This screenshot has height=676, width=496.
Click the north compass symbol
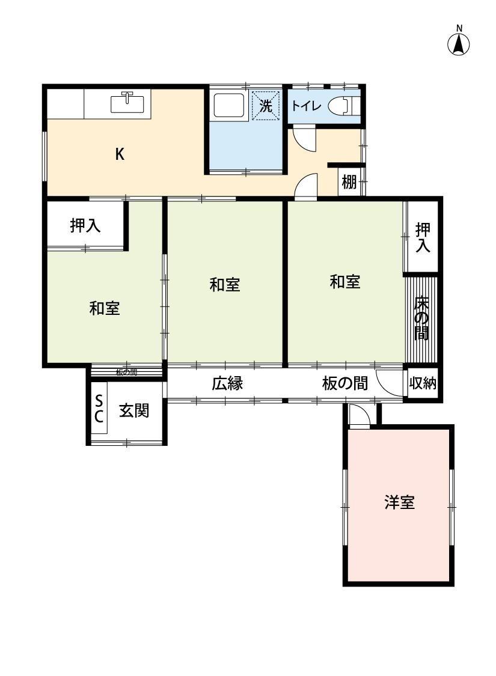click(x=459, y=43)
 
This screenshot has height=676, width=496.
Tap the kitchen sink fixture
click(x=128, y=103)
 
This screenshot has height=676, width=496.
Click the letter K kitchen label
click(x=120, y=154)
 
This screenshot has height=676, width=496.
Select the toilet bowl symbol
click(x=346, y=106)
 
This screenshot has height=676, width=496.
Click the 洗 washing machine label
click(x=266, y=106)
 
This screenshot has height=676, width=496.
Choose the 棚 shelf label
click(x=349, y=182)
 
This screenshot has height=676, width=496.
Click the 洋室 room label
click(x=399, y=502)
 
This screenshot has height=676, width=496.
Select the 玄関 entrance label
click(x=133, y=412)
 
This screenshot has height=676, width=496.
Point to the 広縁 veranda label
click(x=227, y=383)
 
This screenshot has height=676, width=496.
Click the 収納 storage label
click(x=423, y=383)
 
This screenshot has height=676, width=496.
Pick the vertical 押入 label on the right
click(x=423, y=237)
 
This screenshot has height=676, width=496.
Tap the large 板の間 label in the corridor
click(x=344, y=383)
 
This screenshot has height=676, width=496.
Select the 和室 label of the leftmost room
click(x=105, y=308)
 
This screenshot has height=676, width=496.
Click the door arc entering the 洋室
click(x=360, y=416)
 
